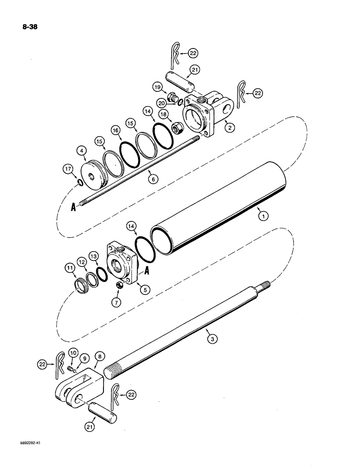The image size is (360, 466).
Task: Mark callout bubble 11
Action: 70,268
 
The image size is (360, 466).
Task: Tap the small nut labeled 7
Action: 119,285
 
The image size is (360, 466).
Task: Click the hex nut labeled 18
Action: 177,128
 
